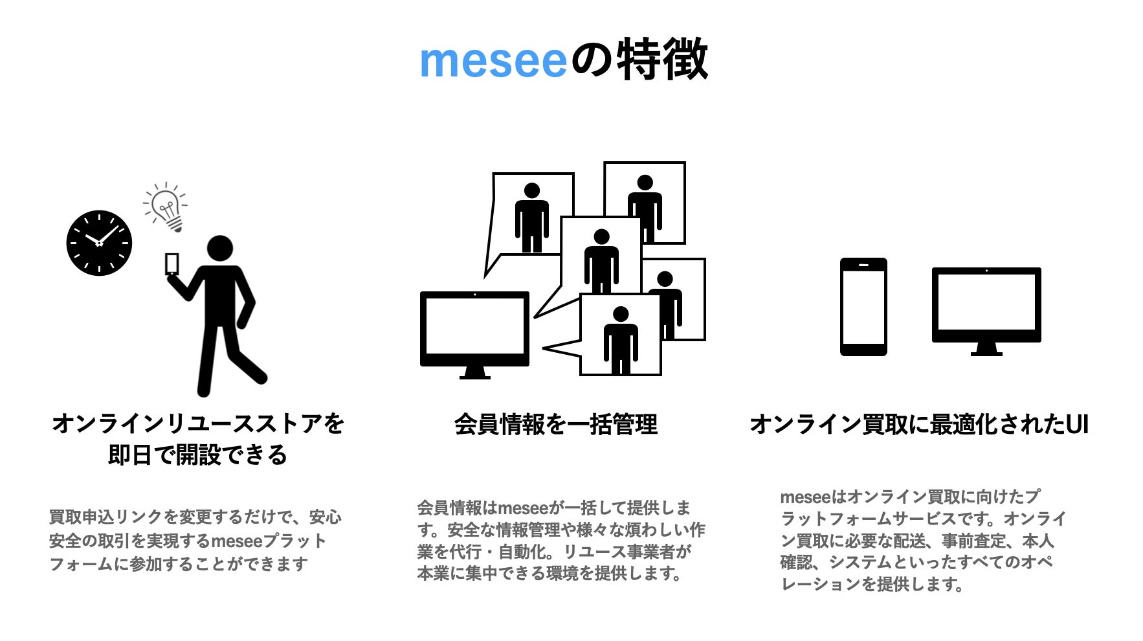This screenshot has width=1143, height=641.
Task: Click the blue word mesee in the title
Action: point(493,61)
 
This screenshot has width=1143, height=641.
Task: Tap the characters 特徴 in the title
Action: point(661,60)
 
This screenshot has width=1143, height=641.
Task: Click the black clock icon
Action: point(99,243)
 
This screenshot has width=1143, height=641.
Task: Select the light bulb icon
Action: point(166,207)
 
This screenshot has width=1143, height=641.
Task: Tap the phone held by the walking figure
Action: point(172,264)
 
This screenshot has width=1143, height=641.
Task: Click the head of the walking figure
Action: point(219,249)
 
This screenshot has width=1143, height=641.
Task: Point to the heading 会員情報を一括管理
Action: point(555,425)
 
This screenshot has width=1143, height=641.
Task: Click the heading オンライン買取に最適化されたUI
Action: point(918,425)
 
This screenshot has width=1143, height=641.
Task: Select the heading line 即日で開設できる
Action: point(197,455)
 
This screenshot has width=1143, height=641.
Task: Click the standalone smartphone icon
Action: point(863,307)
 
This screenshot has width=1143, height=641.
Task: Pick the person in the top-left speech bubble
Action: point(531,217)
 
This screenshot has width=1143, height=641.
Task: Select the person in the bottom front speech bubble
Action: point(620,340)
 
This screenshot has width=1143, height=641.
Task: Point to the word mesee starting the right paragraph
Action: point(805,497)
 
